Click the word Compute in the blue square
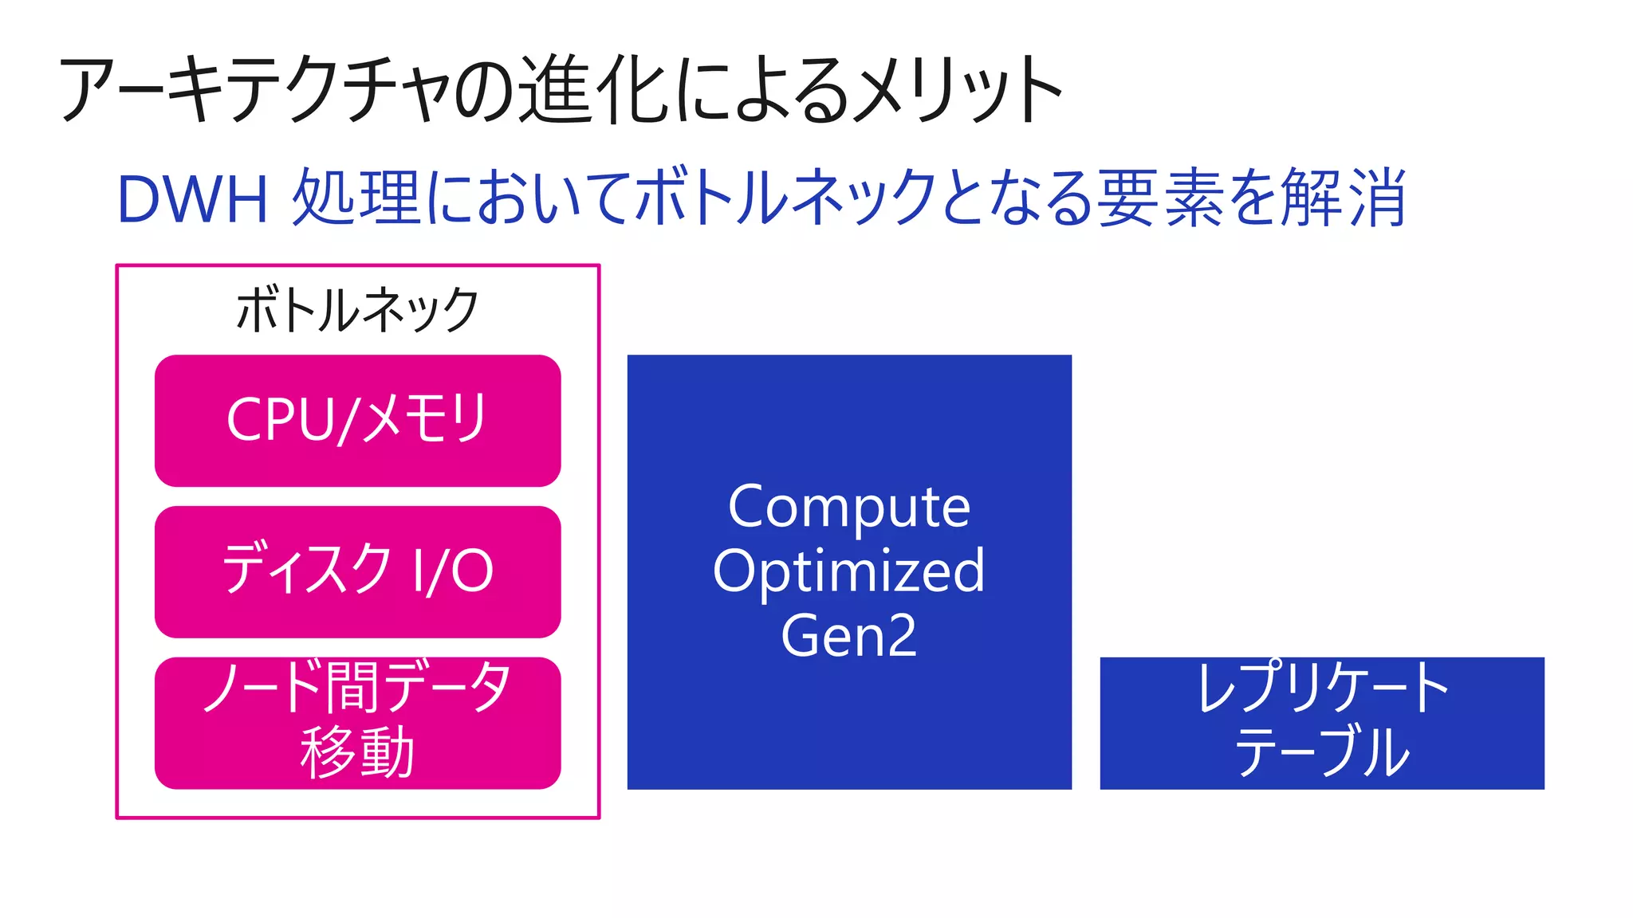coord(849,507)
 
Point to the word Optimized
coord(849,571)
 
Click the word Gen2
coord(849,636)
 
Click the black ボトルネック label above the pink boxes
coord(357,310)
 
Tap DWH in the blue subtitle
coord(192,199)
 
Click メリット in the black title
coord(957,89)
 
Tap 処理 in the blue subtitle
coord(356,199)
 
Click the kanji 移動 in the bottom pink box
coord(357,752)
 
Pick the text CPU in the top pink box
coord(278,419)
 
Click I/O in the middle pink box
coord(453,571)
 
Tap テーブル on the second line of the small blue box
coord(1321,752)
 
